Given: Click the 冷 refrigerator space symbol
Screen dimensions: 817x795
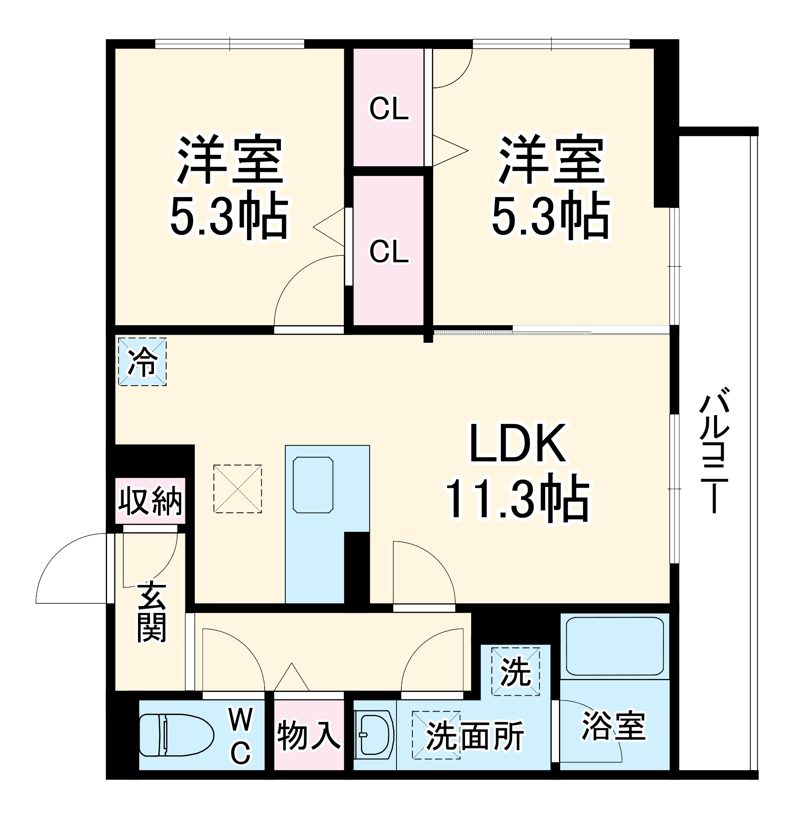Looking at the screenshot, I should click(x=143, y=362).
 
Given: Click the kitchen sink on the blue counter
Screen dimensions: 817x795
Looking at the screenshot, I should click(x=313, y=484).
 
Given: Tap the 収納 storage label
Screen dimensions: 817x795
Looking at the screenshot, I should click(x=150, y=501).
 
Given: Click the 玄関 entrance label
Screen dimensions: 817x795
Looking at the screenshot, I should click(x=151, y=611).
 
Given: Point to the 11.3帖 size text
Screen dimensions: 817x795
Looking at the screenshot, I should click(x=517, y=498).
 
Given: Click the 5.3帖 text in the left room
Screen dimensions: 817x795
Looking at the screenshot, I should click(x=229, y=216).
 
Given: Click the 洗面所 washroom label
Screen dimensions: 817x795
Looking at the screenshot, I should click(x=475, y=736).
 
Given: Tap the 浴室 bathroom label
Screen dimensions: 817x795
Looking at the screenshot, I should click(x=614, y=725).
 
